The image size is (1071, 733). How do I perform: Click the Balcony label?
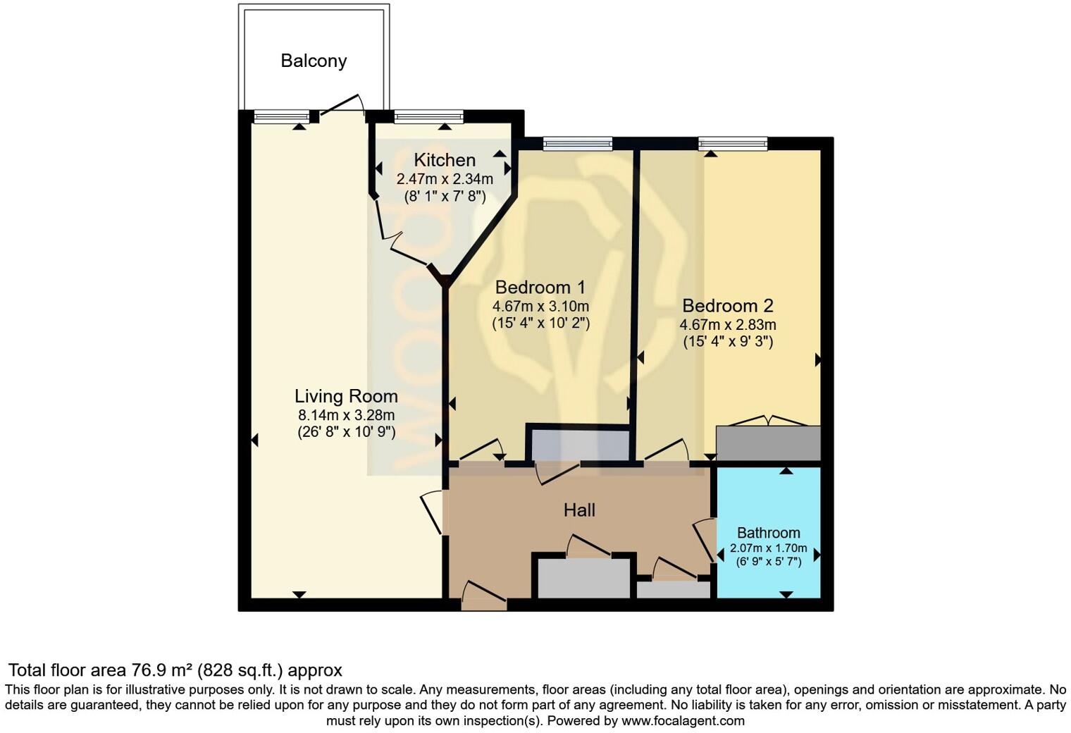(314, 61)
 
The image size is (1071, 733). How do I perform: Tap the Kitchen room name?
(444, 160)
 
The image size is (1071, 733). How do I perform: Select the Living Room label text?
(346, 396)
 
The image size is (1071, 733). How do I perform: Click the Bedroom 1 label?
(540, 288)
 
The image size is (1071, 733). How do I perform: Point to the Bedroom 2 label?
(728, 306)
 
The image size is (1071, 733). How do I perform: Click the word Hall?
(579, 510)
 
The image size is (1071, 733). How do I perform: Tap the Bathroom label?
(768, 533)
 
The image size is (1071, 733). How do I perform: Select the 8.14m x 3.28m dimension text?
(346, 415)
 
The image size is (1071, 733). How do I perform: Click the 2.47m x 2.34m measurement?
(444, 179)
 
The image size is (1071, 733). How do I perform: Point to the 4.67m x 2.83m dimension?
(728, 325)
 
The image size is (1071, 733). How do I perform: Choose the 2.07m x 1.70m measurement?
(768, 548)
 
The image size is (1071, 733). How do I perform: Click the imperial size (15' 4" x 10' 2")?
(540, 324)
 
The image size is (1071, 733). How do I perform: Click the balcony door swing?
(342, 104)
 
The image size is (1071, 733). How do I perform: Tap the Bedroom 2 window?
(733, 144)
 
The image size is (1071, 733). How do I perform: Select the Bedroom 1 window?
(578, 144)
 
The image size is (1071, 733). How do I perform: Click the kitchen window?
(428, 116)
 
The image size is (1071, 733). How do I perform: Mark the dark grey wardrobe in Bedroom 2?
(768, 443)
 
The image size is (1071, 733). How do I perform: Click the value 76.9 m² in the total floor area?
(162, 670)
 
